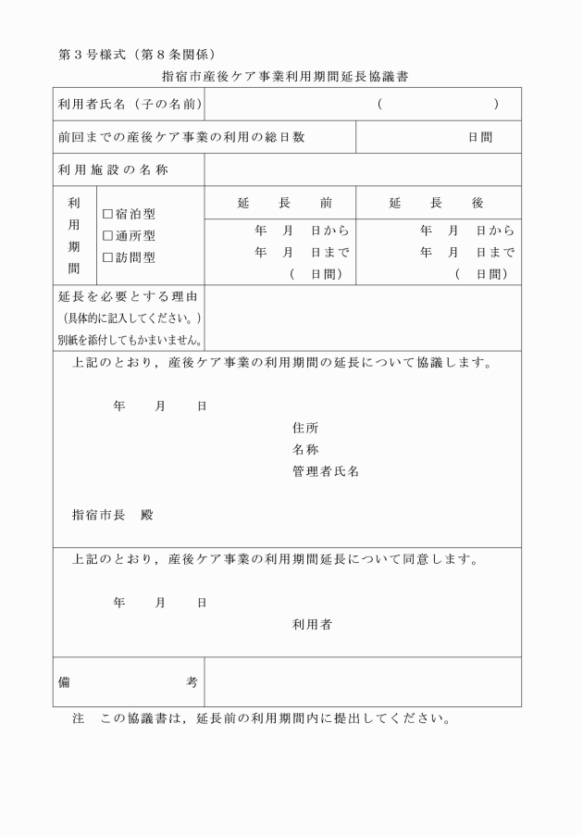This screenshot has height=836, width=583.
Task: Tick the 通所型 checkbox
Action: (x=107, y=236)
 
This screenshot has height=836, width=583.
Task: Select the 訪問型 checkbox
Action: (x=107, y=257)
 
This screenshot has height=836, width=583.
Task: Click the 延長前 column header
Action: (x=284, y=203)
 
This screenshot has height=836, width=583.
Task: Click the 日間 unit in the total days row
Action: (x=479, y=137)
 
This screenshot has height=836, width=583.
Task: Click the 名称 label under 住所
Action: (x=305, y=449)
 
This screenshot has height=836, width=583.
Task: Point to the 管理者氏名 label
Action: (x=325, y=471)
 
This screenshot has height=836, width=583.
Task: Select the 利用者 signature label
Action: (x=312, y=624)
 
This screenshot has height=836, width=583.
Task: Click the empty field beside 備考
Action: (x=362, y=682)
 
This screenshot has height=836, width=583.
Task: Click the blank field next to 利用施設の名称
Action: (x=362, y=170)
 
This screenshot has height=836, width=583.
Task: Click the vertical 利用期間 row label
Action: (x=75, y=235)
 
